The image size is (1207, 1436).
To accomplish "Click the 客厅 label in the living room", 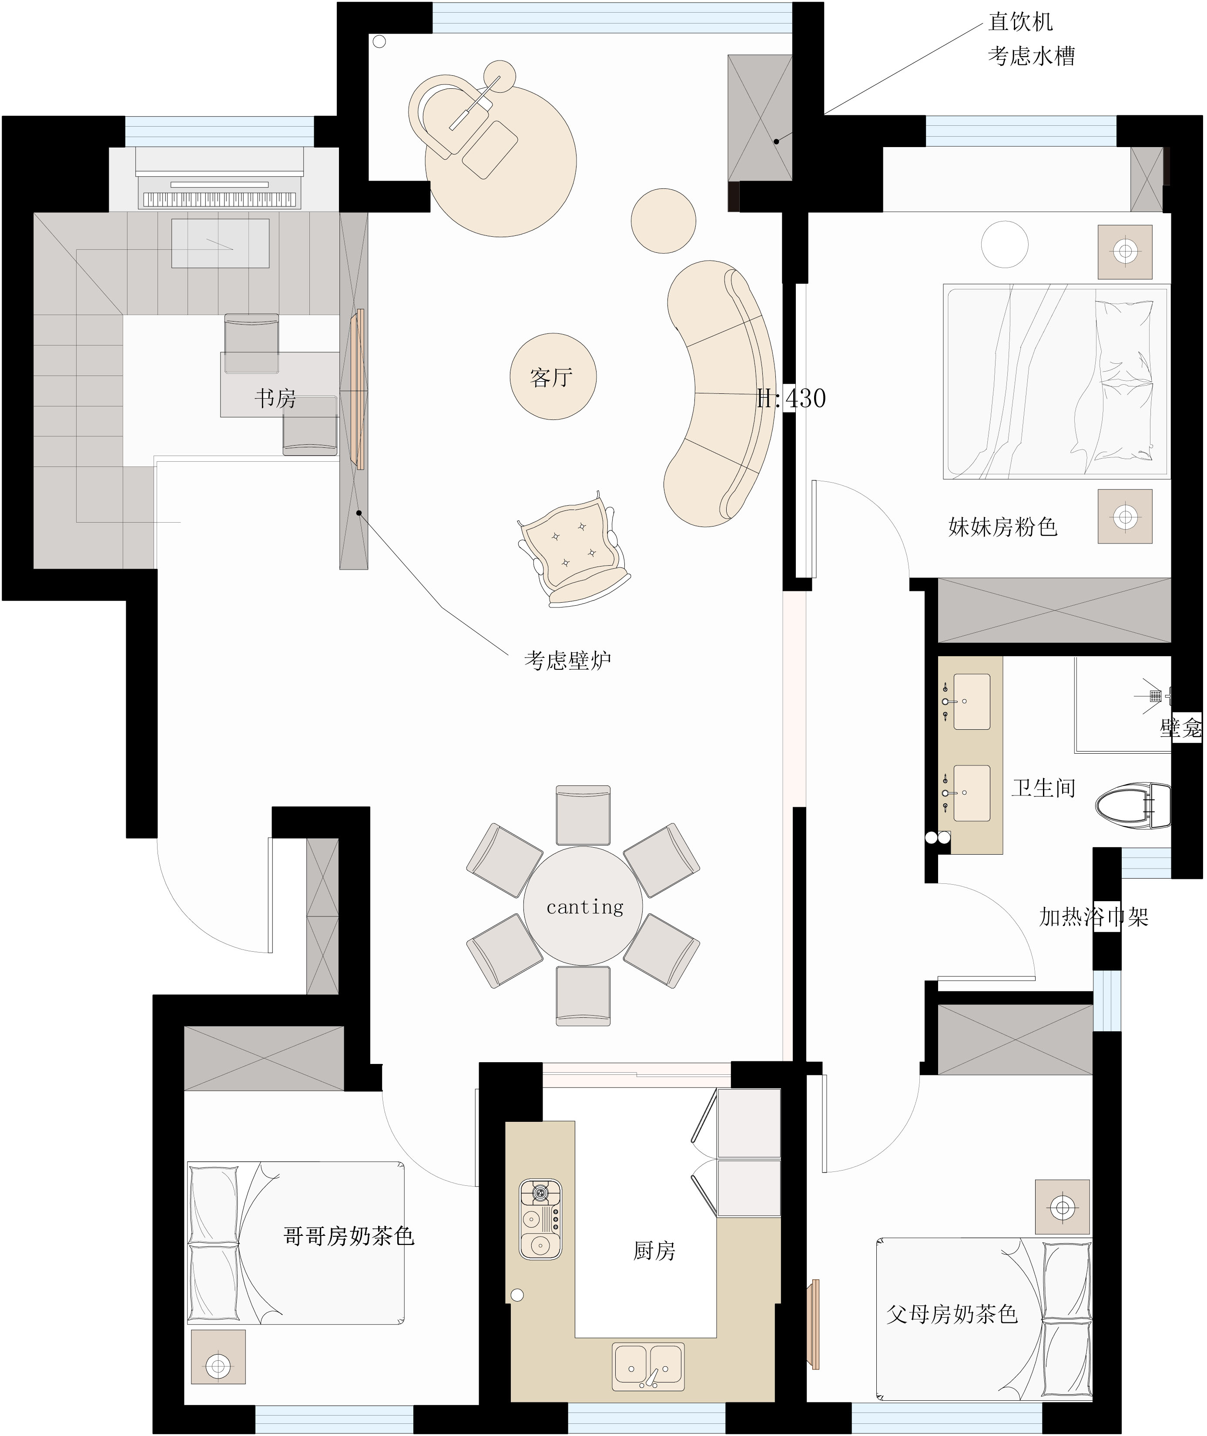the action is coord(551,377).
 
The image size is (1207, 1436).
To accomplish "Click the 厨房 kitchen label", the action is coord(654,1251).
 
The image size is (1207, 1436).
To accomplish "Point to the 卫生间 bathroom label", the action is coord(1043,788).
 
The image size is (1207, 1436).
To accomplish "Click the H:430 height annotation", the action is coord(791,398).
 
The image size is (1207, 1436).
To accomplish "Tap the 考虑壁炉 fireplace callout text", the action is coord(567,660).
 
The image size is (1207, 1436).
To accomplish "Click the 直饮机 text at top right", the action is coord(1020,22).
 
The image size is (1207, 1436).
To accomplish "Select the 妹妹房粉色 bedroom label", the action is coord(1002,527).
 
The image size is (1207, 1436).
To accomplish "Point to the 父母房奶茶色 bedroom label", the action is coord(952,1314).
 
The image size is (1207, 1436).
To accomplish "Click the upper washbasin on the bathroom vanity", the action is coord(971,701).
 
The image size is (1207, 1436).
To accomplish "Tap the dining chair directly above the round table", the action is coord(583,815).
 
